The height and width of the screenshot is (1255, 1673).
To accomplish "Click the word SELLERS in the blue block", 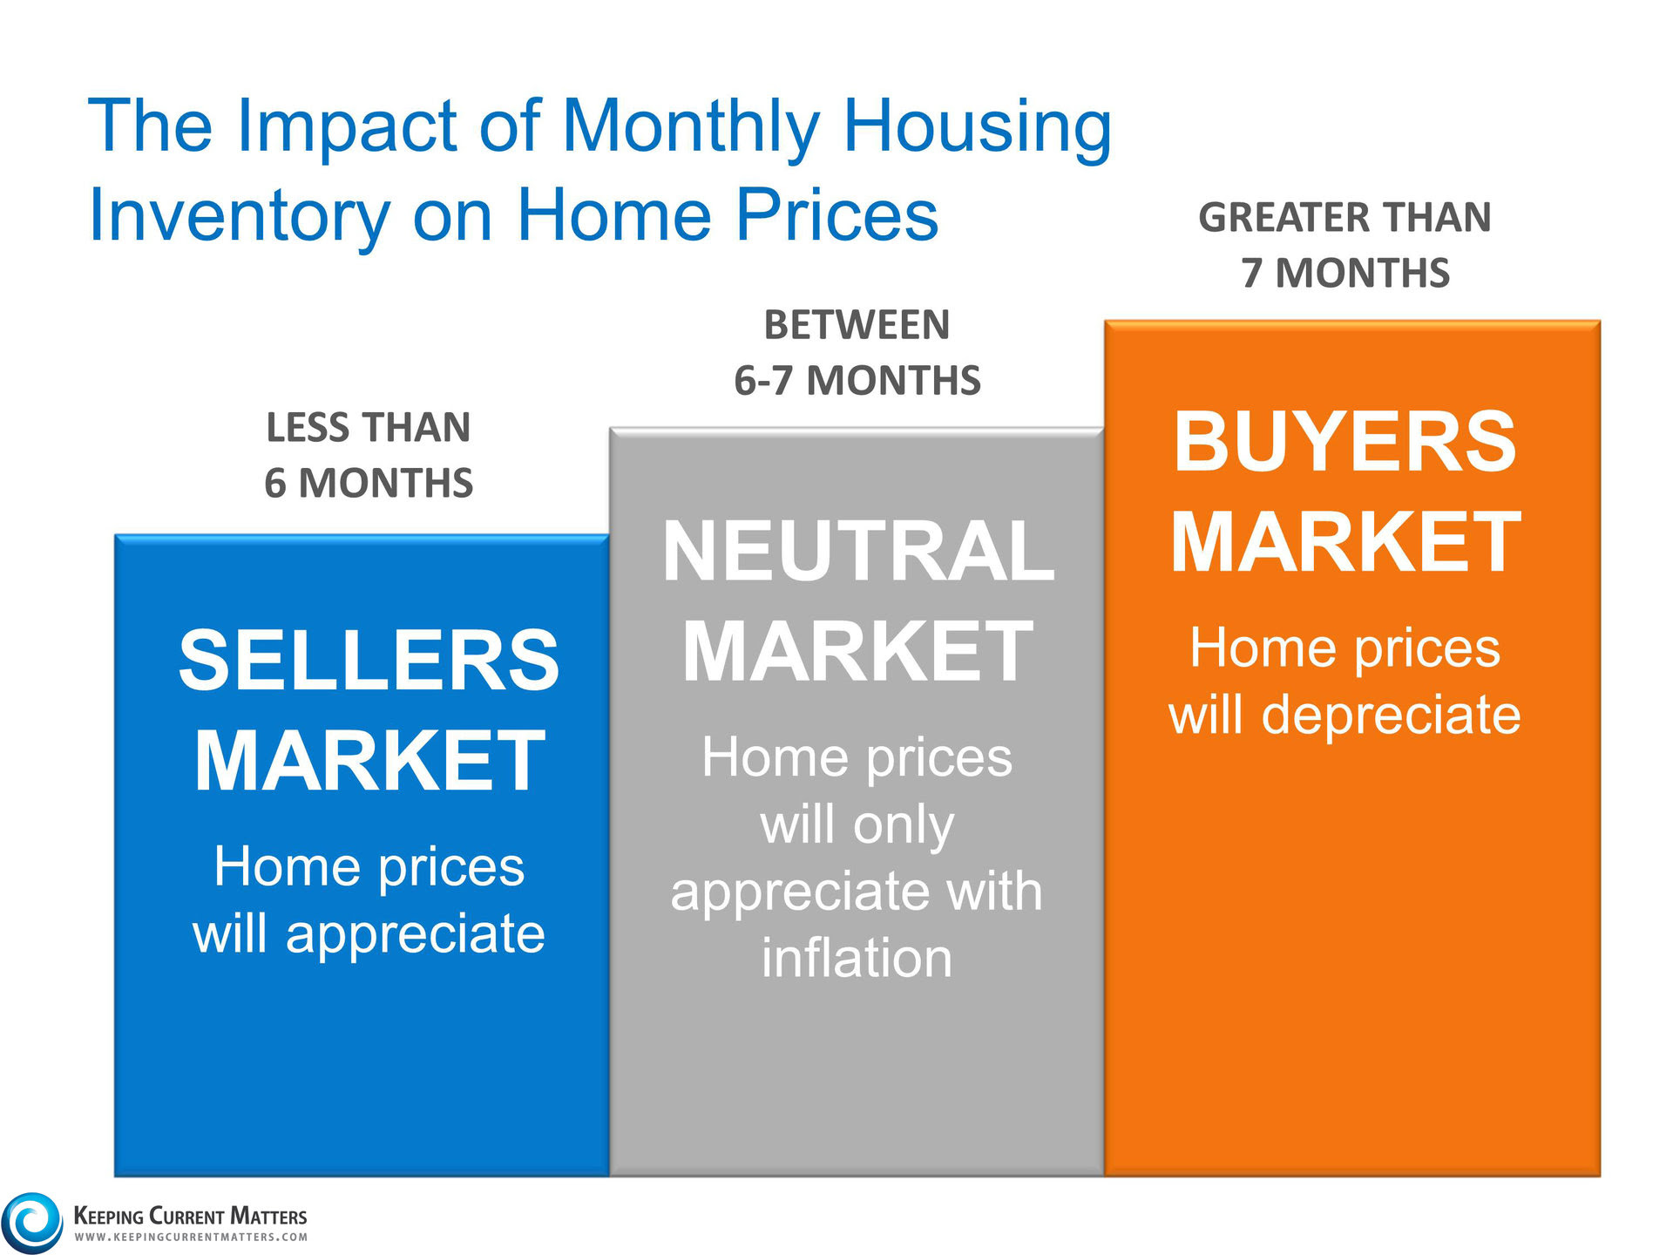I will click(369, 661).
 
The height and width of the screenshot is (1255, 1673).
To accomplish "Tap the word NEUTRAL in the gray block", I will click(857, 551).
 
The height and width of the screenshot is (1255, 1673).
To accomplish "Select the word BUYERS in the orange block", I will click(1344, 442).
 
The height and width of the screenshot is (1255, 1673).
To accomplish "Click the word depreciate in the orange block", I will click(1391, 716).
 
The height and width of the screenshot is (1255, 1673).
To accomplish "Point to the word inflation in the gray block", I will click(857, 958).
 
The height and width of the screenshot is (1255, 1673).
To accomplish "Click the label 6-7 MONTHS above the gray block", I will click(857, 381).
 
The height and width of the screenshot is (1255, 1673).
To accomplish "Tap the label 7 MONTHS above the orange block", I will click(1345, 273).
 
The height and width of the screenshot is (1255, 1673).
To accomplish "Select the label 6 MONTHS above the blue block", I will click(369, 483).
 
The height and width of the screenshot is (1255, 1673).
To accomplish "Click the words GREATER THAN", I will click(1344, 218).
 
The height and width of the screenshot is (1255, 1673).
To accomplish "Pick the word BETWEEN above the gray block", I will click(857, 326).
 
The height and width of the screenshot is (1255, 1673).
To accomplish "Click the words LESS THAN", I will click(369, 428).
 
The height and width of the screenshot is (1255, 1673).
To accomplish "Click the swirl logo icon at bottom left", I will click(32, 1222).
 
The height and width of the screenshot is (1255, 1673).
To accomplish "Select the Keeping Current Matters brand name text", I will click(190, 1216).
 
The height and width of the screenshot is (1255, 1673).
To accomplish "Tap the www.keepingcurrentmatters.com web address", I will click(190, 1237).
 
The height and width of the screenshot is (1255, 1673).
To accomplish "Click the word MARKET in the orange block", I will click(1344, 542).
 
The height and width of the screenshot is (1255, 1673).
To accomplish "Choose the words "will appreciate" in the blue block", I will click(369, 933).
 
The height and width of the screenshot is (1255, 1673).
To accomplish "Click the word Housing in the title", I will click(977, 125).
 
